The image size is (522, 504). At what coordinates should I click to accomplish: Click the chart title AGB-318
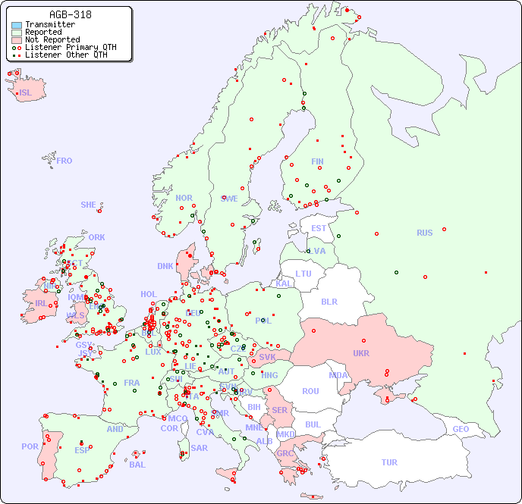70,14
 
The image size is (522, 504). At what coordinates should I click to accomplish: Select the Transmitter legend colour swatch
17,25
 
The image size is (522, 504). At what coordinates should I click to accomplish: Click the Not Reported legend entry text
52,39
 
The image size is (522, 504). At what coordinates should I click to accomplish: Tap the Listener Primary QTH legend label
71,47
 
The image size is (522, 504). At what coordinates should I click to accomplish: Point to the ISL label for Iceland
26,93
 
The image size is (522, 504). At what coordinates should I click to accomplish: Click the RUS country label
424,233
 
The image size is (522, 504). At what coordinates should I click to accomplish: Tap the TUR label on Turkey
389,462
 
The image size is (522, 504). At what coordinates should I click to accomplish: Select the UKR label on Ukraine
361,353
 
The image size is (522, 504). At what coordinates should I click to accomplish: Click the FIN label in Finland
317,161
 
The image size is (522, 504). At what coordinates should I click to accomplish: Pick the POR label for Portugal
30,446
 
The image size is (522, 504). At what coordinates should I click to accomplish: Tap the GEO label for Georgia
461,429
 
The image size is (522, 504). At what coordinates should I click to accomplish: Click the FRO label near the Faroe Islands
64,161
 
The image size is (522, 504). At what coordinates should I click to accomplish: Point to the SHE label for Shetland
89,205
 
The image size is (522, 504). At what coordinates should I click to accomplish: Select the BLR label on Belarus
329,301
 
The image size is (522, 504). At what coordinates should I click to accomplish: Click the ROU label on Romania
310,391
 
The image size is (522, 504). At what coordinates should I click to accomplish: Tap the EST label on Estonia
319,228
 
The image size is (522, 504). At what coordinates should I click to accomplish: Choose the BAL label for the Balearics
137,465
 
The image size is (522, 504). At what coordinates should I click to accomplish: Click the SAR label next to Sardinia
200,448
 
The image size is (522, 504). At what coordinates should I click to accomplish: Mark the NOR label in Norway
184,198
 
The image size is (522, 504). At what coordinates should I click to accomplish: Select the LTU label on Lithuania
303,274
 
